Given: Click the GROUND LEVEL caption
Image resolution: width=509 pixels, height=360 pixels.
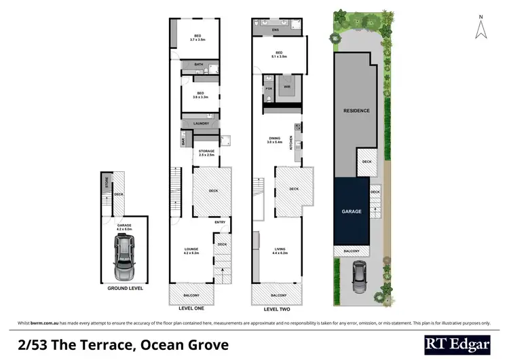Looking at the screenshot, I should (125, 289).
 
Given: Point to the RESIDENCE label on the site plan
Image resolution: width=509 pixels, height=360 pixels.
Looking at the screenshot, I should (356, 111).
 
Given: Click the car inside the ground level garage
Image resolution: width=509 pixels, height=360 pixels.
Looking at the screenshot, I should (124, 262).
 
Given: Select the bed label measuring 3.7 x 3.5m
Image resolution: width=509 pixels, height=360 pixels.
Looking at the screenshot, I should (198, 37).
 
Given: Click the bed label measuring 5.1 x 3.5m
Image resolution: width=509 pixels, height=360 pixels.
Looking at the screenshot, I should (279, 54).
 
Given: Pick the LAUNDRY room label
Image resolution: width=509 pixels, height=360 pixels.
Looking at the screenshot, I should (201, 123).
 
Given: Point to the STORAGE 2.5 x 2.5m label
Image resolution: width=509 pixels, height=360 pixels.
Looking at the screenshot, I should (206, 154).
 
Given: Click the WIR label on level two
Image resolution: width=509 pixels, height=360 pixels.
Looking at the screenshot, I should (286, 87).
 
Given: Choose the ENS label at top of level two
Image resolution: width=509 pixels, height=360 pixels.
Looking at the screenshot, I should (275, 31).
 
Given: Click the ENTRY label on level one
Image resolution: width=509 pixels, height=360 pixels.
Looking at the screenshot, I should (220, 222).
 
